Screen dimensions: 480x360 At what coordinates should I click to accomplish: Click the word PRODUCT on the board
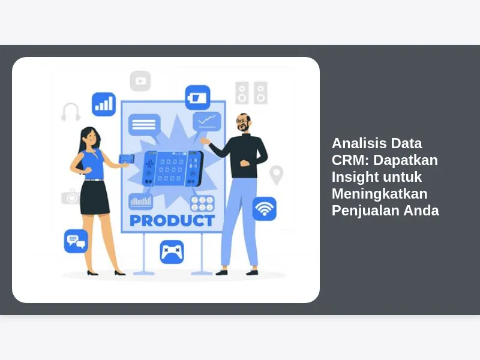[172, 220]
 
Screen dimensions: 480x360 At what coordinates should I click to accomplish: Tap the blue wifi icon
[264, 208]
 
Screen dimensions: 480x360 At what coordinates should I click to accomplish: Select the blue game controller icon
[172, 252]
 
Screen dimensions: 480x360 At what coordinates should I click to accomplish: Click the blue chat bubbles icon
[76, 241]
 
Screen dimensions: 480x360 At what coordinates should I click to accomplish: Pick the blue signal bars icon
[104, 104]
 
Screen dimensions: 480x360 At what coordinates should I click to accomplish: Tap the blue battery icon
[198, 97]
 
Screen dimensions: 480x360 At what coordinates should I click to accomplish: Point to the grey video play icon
[140, 81]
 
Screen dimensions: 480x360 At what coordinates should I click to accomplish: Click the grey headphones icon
[71, 112]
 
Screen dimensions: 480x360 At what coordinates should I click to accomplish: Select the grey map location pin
[276, 175]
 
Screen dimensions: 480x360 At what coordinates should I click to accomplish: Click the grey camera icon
[71, 197]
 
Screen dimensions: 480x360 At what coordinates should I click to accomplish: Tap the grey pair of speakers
[251, 93]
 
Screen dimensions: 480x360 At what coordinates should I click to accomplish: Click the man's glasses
[242, 121]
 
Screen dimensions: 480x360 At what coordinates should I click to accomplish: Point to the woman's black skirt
[95, 197]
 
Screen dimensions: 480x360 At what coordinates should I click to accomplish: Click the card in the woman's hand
[127, 159]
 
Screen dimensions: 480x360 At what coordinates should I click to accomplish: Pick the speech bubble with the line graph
[207, 123]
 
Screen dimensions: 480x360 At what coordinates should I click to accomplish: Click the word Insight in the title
[351, 177]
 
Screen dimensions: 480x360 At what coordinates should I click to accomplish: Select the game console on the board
[173, 169]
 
